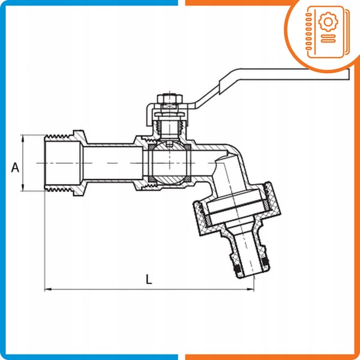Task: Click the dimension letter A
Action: [x=15, y=167]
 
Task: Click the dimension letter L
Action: [x=149, y=279]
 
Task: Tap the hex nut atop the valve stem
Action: [x=170, y=99]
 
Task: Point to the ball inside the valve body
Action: [x=169, y=163]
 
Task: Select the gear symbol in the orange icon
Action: [x=328, y=22]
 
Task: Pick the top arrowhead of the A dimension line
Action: [x=23, y=139]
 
